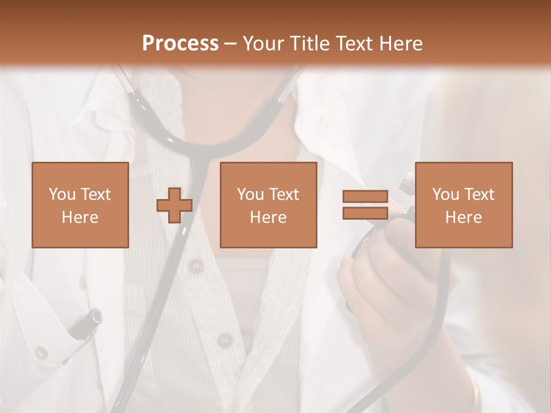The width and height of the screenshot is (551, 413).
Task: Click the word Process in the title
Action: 180,44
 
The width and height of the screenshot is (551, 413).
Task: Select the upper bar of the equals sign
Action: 365,196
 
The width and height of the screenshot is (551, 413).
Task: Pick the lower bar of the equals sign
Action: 365,213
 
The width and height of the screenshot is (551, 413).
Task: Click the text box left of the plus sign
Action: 80,205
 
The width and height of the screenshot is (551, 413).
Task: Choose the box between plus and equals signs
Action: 268,205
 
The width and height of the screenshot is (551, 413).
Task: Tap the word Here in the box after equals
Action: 463,217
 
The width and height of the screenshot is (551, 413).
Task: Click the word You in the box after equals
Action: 445,194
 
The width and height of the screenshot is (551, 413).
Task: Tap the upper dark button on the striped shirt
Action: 196,266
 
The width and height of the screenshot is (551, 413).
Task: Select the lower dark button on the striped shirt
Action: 224,341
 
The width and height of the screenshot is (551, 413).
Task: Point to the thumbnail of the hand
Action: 347,262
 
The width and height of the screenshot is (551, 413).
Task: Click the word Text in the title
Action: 351,44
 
